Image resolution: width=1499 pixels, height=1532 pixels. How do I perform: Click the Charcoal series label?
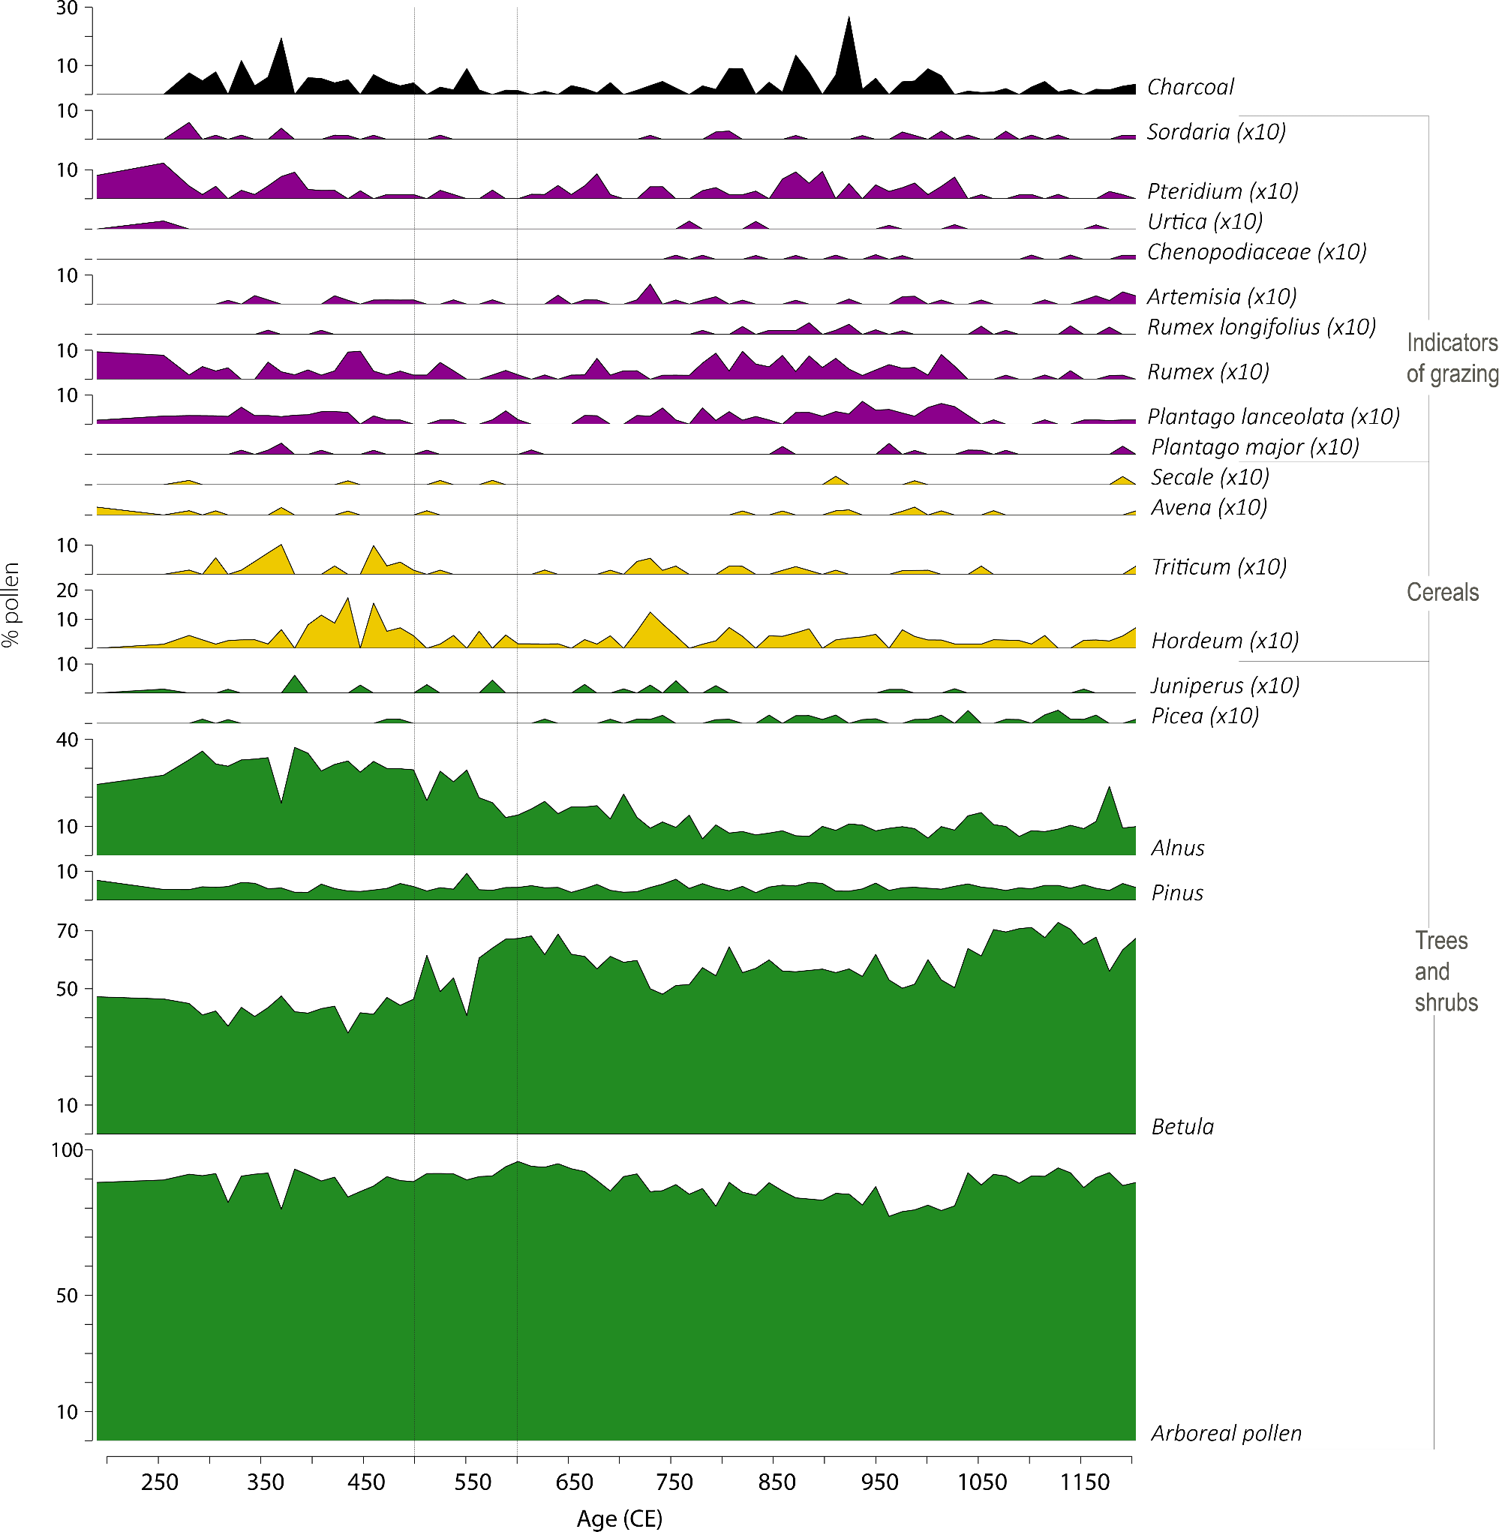[x=1190, y=86]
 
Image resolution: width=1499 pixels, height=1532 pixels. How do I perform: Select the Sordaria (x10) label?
[x=1215, y=131]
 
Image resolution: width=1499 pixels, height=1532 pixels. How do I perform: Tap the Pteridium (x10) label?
[x=1222, y=191]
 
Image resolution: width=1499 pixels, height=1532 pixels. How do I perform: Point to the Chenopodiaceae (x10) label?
[x=1256, y=252]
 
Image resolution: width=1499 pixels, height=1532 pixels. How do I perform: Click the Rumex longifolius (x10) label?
[x=1260, y=326]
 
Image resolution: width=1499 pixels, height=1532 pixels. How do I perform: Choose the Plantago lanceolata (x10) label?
[x=1273, y=416]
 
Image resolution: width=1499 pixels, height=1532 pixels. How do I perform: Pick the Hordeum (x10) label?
[x=1224, y=641]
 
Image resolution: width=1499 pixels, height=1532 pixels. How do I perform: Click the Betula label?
[x=1182, y=1127]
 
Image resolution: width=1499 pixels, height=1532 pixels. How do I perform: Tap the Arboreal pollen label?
[x=1226, y=1433]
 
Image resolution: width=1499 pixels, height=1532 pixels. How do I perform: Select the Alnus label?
[x=1177, y=848]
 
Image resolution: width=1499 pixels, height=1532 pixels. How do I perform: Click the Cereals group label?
[x=1442, y=592]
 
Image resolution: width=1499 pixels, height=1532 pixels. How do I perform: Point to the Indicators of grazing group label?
[x=1451, y=358]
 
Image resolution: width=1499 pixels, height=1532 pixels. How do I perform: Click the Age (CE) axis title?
[x=620, y=1518]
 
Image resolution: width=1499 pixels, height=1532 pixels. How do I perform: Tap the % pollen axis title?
[x=11, y=605]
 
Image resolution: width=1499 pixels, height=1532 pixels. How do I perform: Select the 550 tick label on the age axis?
[x=473, y=1482]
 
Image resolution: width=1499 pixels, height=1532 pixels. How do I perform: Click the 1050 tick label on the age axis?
[x=982, y=1482]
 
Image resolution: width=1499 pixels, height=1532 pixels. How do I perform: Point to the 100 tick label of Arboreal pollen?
[x=67, y=1150]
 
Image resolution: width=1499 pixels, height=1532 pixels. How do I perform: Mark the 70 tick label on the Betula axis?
[x=68, y=931]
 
